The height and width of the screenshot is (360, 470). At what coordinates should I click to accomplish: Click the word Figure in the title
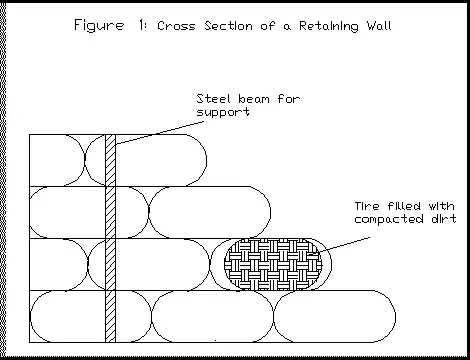[99, 26]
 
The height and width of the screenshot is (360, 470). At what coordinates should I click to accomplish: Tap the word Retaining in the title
[329, 26]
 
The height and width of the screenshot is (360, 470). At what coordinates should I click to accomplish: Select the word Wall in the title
[379, 26]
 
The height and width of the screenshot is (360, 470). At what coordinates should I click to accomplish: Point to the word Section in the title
[228, 26]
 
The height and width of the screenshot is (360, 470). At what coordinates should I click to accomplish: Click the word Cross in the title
[176, 26]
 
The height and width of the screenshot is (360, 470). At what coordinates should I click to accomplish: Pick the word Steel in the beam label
[213, 99]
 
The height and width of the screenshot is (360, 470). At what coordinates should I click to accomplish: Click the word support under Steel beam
[223, 112]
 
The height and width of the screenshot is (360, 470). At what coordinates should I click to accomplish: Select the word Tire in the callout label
[367, 206]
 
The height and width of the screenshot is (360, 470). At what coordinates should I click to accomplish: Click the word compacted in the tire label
[389, 219]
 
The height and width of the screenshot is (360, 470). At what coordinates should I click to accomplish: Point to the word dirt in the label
[444, 219]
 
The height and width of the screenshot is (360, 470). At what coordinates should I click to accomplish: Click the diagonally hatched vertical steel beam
[111, 238]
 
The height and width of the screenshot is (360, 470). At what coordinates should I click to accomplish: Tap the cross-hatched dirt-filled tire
[273, 264]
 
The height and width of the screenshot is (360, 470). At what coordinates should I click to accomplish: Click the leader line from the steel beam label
[160, 132]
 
